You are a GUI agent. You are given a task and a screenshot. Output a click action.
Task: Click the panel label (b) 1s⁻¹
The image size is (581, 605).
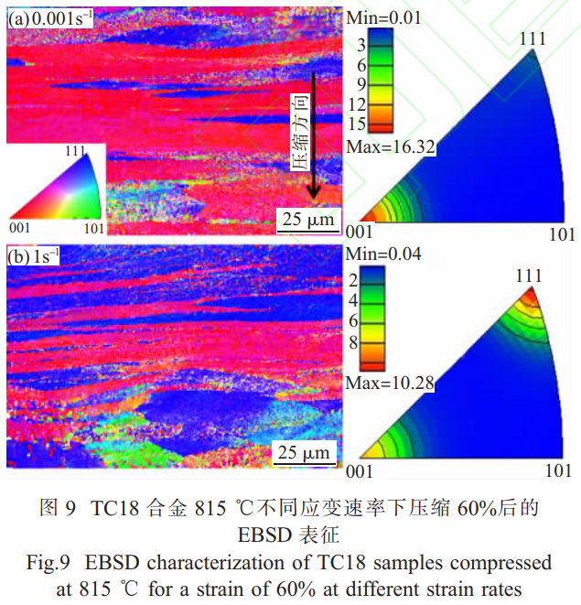click(x=33, y=257)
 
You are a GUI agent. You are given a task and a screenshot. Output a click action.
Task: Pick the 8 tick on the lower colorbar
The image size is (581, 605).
click(x=364, y=341)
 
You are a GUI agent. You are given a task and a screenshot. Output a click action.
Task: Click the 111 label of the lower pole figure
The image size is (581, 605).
click(x=529, y=275)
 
